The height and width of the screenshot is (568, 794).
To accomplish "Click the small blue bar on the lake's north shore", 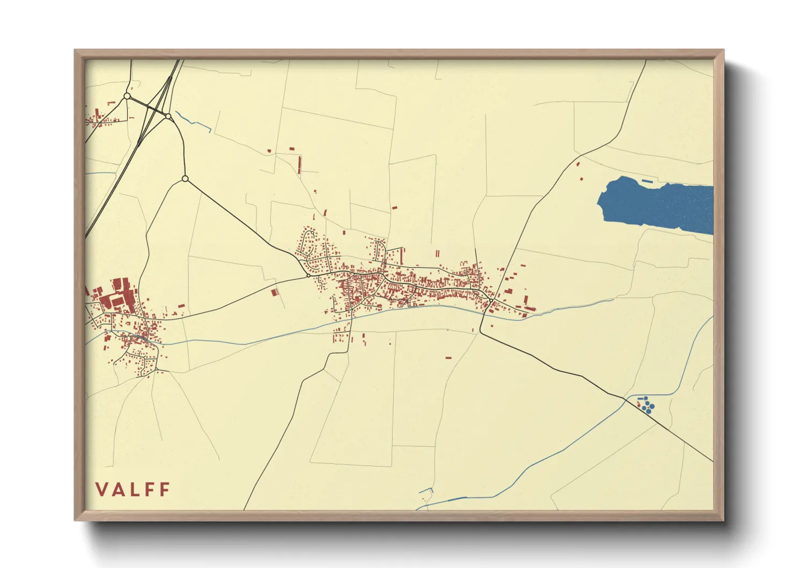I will coord(647,182).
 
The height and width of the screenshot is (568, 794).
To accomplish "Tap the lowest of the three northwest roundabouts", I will coord(185,178).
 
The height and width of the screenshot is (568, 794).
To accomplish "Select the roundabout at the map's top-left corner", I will coord(127,96).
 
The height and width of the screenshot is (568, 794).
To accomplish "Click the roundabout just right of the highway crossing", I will coord(168,116).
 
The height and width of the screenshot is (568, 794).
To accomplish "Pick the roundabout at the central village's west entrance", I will coord(307,275).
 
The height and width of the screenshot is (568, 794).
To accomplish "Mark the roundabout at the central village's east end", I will coord(490,301).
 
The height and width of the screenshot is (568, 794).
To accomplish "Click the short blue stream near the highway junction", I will coord(193,122).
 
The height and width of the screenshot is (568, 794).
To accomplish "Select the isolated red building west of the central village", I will coord(274,293).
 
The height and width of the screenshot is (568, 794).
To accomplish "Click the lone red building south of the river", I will coord(449,357).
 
